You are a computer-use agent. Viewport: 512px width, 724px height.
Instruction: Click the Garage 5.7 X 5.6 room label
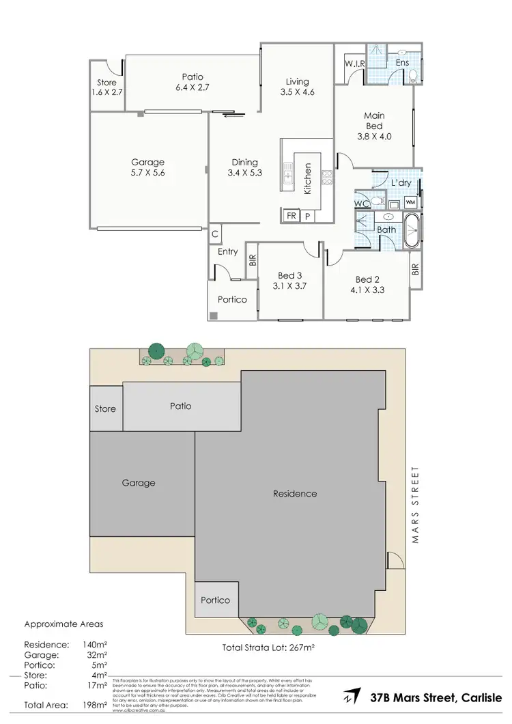click(148, 167)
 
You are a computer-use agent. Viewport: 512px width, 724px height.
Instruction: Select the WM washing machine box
click(410, 202)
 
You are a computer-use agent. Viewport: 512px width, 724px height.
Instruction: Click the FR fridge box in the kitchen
click(291, 216)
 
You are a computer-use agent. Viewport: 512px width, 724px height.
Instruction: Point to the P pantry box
click(307, 216)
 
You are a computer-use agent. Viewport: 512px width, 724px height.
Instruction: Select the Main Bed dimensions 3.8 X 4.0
click(374, 136)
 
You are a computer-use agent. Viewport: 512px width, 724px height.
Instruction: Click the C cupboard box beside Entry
click(215, 234)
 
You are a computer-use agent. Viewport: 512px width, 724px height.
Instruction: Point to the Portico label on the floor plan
click(232, 299)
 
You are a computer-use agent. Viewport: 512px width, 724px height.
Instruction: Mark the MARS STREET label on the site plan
click(414, 505)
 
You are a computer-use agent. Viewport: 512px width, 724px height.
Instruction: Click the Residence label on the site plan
click(295, 493)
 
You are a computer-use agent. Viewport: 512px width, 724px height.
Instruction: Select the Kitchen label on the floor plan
click(308, 179)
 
